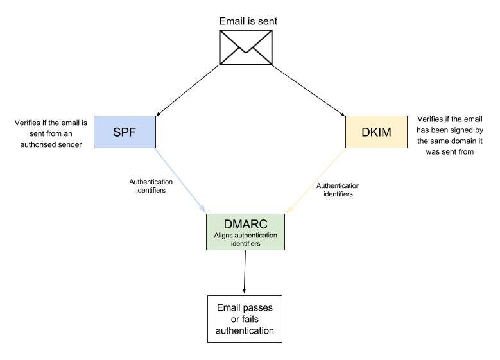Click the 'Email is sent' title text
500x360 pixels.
coord(248,21)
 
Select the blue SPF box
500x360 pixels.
coord(125,132)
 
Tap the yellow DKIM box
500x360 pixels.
coord(376,132)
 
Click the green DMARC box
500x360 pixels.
coord(245,232)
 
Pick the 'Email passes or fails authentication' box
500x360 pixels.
coord(245,318)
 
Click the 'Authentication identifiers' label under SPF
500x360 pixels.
coord(151,186)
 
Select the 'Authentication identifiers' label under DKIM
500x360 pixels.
coord(338,189)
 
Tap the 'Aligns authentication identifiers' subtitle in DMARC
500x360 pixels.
coord(245,240)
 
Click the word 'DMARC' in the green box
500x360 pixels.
coord(245,224)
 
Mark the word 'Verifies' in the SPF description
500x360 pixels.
coord(27,122)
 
